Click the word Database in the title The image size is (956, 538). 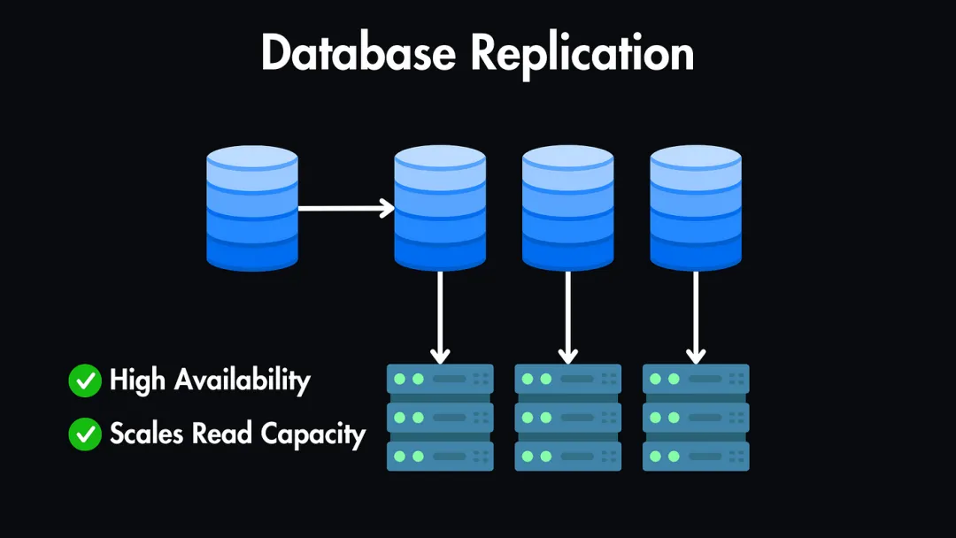(359, 54)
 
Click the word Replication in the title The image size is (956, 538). (582, 56)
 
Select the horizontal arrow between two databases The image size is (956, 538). (345, 209)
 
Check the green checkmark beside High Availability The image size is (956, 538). (85, 381)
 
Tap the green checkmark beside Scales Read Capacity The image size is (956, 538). (85, 434)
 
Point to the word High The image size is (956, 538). (137, 380)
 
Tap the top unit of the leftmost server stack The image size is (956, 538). (440, 379)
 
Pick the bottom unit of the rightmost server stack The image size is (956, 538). (696, 456)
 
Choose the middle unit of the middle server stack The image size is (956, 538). (567, 417)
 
